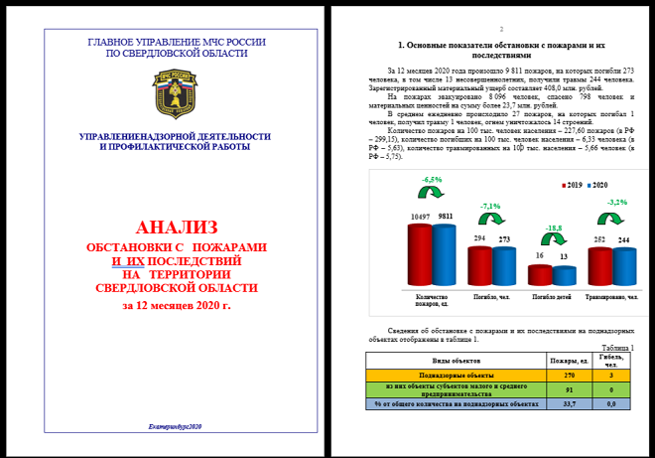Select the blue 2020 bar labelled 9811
coord(442,254)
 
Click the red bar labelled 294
coord(479,265)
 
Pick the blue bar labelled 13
coord(562,277)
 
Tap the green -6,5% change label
coord(432,179)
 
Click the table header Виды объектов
coord(457,361)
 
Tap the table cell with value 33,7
coord(570,404)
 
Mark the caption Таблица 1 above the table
coord(617,348)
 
